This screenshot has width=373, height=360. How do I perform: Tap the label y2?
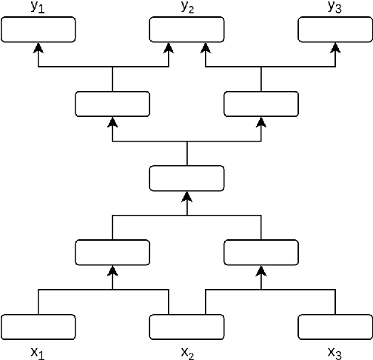coord(186,8)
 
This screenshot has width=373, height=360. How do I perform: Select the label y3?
coord(335,8)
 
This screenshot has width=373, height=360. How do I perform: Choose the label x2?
coord(187,353)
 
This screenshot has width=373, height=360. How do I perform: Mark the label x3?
coord(335,353)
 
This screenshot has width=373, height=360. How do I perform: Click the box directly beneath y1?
coord(38,30)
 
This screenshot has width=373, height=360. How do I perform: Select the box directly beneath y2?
coord(186,30)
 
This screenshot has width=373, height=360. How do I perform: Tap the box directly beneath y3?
coord(335,30)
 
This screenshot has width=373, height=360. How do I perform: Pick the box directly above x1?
coord(38,326)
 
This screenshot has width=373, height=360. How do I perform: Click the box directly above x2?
coord(186,326)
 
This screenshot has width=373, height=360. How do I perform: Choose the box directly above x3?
coord(335,326)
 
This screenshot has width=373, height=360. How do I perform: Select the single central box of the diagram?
coord(186,178)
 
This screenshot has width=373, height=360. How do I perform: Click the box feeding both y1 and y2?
coord(112,104)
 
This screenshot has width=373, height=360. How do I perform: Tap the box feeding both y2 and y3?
coord(261,104)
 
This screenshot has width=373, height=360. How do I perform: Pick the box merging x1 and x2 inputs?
coord(112,252)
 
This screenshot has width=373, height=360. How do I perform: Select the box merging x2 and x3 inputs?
coord(261,252)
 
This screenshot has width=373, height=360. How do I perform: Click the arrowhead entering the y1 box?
coord(38,47)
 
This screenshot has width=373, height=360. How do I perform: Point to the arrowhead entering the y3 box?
coord(335,47)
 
